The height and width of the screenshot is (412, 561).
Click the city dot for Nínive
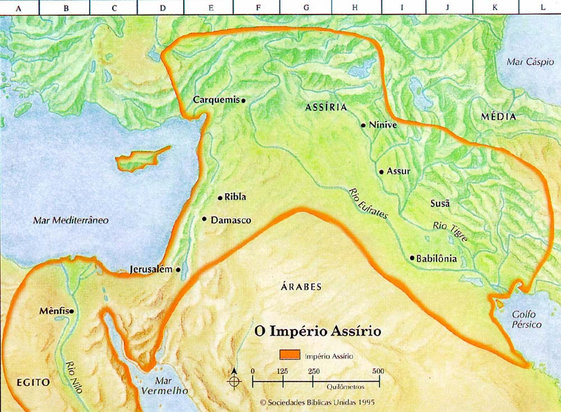364,125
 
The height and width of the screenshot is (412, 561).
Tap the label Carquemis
216,99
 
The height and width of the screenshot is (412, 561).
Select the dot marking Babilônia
412,258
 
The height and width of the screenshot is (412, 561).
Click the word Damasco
231,221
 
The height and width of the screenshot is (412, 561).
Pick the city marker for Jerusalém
178,269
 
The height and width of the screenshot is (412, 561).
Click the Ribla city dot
220,198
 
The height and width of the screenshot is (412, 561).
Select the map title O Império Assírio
318,331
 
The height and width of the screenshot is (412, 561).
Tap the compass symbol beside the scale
234,381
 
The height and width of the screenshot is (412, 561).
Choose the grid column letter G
306,8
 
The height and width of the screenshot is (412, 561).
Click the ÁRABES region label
301,287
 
